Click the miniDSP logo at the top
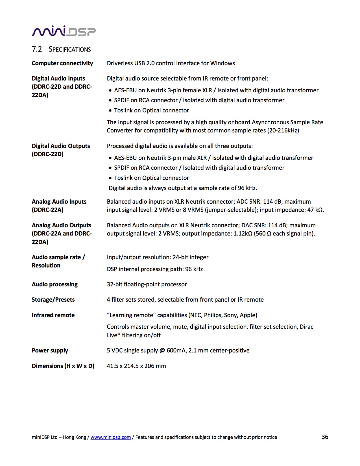64,31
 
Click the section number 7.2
37,49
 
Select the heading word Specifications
70,49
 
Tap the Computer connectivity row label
62,63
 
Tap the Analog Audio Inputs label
59,202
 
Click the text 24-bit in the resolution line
180,257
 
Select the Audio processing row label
54,284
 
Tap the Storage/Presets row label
53,300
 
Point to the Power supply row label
50,350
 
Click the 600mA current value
176,350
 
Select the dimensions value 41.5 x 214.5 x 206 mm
136,366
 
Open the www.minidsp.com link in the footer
110,437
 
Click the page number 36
325,437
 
